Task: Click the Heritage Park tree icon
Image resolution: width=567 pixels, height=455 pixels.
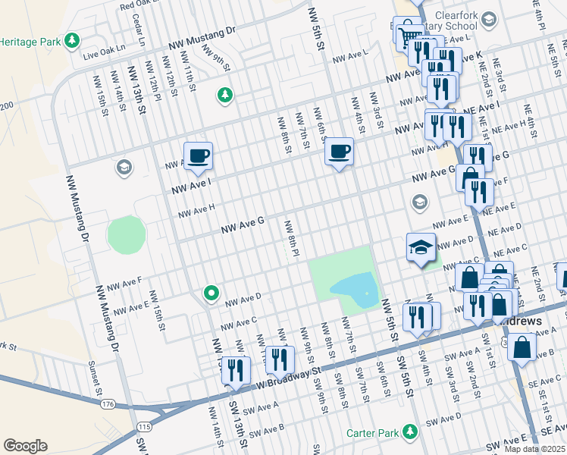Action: [x=72, y=39]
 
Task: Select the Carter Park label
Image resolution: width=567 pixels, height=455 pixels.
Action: [x=372, y=433]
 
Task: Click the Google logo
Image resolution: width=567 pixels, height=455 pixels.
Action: [x=25, y=445]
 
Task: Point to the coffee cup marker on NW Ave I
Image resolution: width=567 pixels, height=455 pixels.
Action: [x=199, y=156]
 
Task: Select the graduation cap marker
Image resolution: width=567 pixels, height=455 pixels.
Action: [x=421, y=247]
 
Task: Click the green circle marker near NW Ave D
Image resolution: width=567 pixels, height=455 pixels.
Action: [x=211, y=293]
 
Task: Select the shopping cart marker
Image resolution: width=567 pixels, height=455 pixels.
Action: [x=409, y=34]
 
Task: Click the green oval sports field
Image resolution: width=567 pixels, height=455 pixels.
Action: [x=125, y=234]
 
